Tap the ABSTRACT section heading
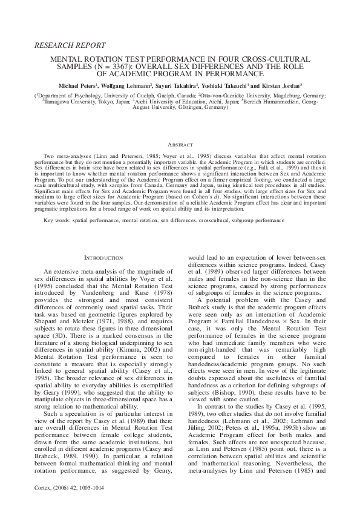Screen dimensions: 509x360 pos(180,145)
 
